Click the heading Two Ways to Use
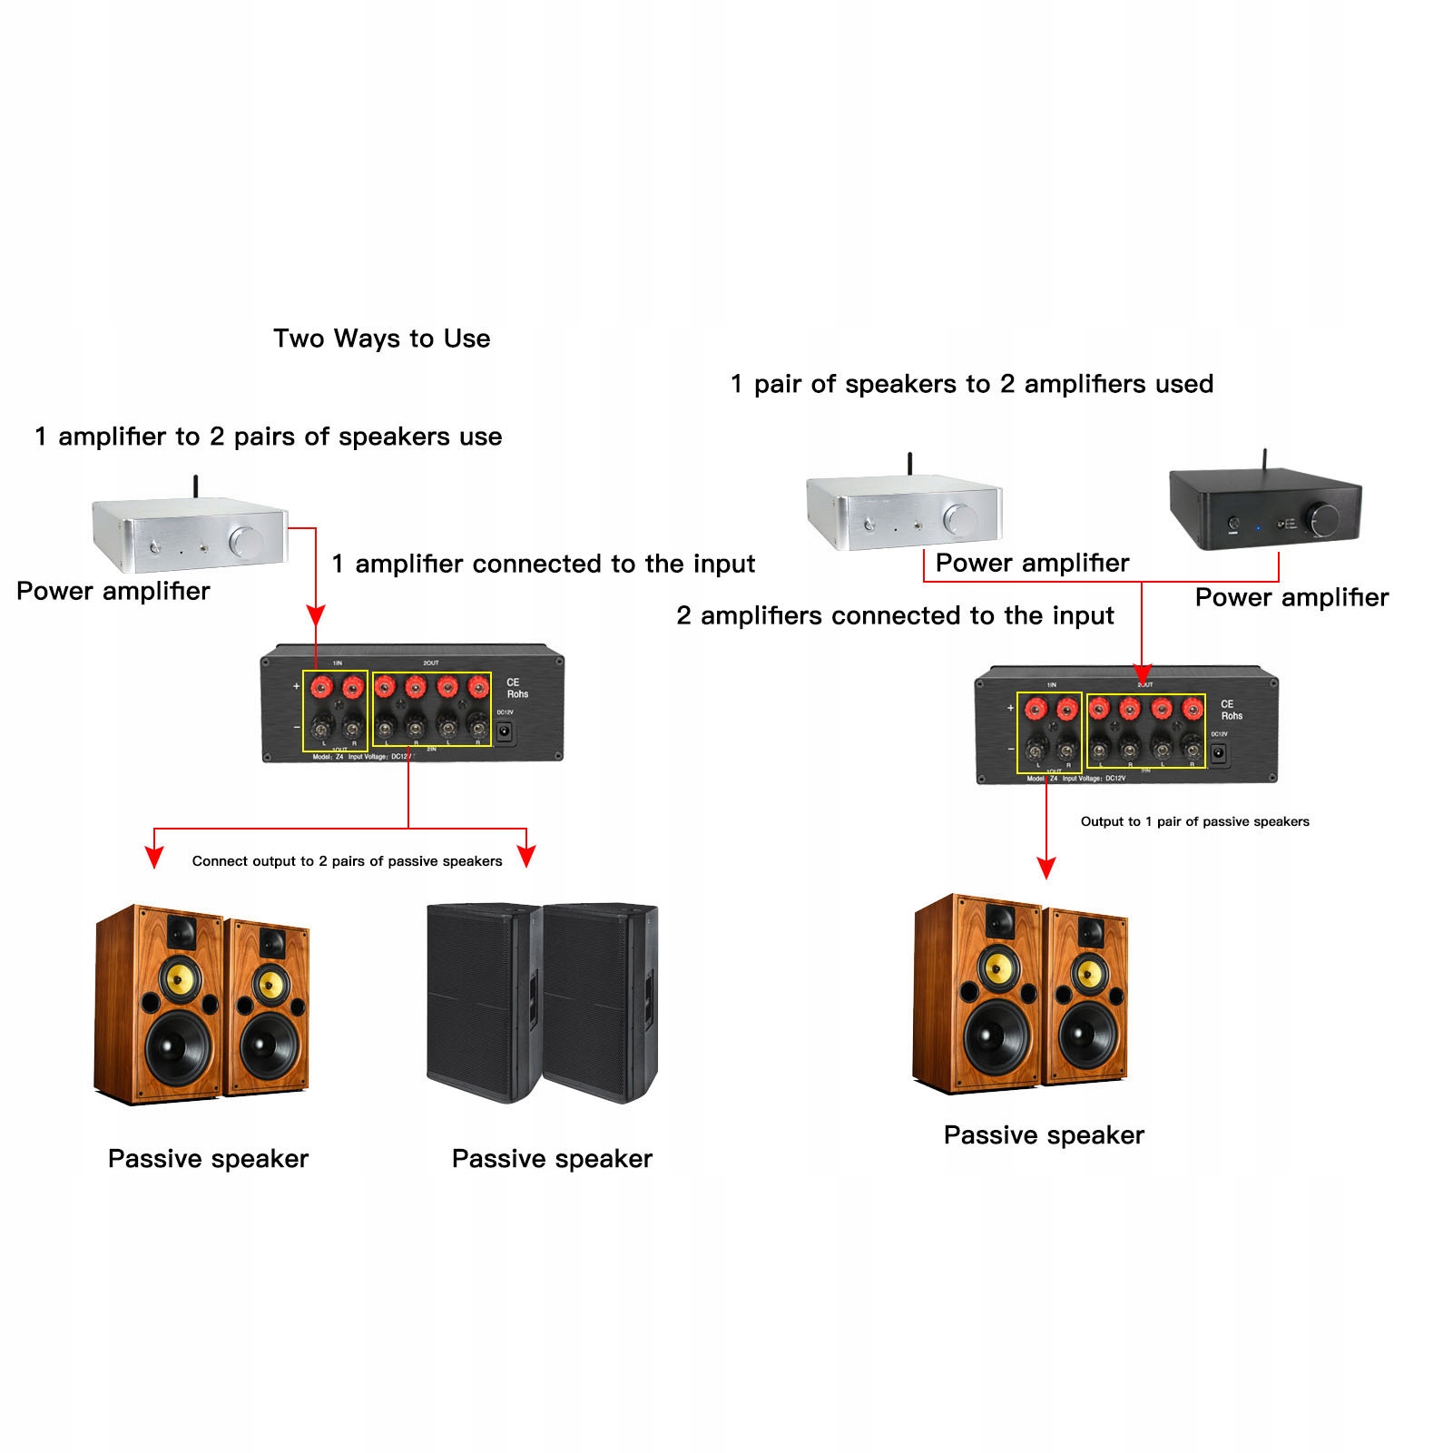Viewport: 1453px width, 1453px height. (381, 339)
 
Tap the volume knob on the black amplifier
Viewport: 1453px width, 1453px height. (1322, 520)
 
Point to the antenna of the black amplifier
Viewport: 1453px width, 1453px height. (1264, 457)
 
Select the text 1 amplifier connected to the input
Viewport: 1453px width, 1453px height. (543, 564)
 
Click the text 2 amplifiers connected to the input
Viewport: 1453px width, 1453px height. (895, 615)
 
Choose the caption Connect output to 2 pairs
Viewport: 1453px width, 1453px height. (347, 861)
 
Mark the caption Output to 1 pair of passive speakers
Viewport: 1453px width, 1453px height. (1194, 821)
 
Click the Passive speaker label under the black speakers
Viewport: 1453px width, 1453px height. (552, 1159)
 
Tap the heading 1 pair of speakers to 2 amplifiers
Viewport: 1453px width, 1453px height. (972, 384)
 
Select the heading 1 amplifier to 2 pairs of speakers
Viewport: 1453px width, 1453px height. (268, 437)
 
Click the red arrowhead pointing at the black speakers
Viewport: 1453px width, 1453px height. (526, 856)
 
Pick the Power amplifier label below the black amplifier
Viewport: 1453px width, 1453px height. (1291, 597)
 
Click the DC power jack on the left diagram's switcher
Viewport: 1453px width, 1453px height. (506, 731)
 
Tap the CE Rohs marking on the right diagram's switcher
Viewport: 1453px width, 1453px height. (1230, 710)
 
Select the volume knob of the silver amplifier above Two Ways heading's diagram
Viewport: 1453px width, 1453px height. (245, 542)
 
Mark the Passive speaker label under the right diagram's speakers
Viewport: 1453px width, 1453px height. (1044, 1135)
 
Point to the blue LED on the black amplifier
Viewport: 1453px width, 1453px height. (1258, 526)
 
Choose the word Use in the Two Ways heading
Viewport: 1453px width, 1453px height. (466, 339)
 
